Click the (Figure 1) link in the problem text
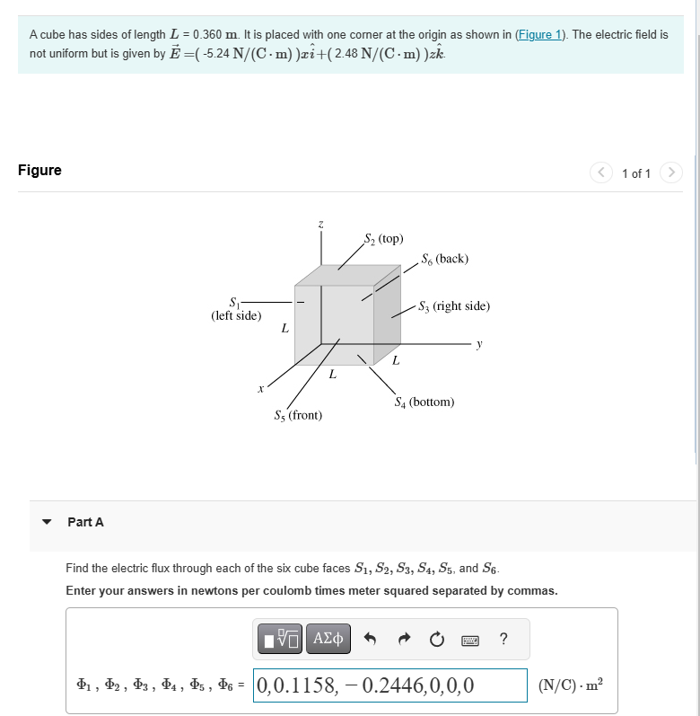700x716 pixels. [x=540, y=34]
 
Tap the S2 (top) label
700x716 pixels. [x=383, y=239]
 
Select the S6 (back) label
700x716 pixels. [x=444, y=259]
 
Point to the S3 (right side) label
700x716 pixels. [x=454, y=306]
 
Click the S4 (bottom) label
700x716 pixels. [x=424, y=402]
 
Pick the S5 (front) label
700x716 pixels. [x=298, y=415]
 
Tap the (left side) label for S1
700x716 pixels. [x=236, y=315]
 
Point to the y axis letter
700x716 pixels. [x=479, y=342]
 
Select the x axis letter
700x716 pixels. [x=260, y=389]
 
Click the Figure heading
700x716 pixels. [x=39, y=170]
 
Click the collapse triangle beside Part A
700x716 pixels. [x=47, y=522]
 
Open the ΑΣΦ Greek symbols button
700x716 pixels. [x=328, y=640]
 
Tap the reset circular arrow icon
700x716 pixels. [x=436, y=640]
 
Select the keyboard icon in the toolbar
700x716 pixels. [x=469, y=640]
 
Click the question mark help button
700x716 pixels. [x=503, y=640]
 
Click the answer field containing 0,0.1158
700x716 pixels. [x=390, y=686]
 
